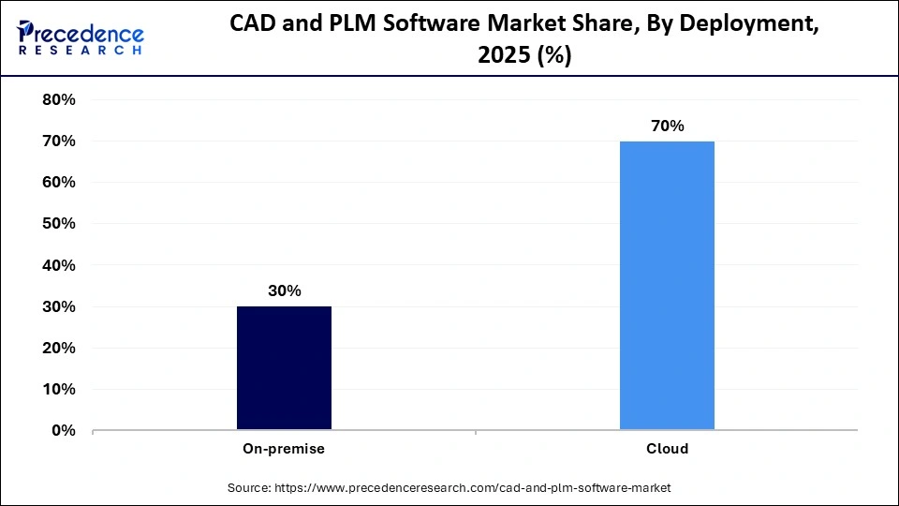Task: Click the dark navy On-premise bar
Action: coord(284,368)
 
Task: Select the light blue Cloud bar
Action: coord(667,286)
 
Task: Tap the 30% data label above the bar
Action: coord(284,291)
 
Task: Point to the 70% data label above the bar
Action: coord(667,126)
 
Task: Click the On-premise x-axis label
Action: coord(284,449)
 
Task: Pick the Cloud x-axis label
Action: coord(667,449)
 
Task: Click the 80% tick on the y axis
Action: coord(59,99)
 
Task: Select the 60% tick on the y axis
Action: coord(59,182)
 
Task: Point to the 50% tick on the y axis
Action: coord(59,224)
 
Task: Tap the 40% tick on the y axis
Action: coord(59,265)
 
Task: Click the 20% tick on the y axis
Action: coord(59,348)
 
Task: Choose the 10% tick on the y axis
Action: coord(59,389)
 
